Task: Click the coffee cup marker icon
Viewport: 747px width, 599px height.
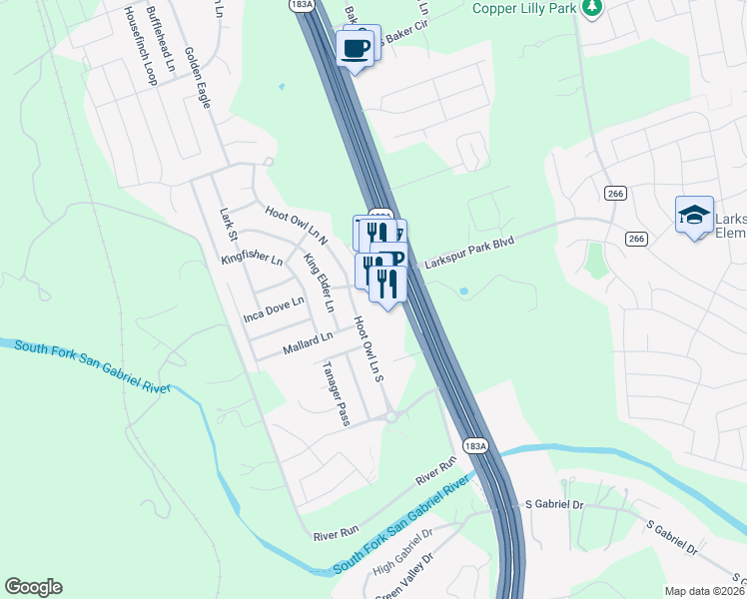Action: tap(357, 46)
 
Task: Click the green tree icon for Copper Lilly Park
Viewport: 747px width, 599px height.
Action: tap(592, 7)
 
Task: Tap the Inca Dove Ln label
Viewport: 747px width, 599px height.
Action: tap(274, 310)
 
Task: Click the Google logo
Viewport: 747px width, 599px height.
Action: tap(33, 587)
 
